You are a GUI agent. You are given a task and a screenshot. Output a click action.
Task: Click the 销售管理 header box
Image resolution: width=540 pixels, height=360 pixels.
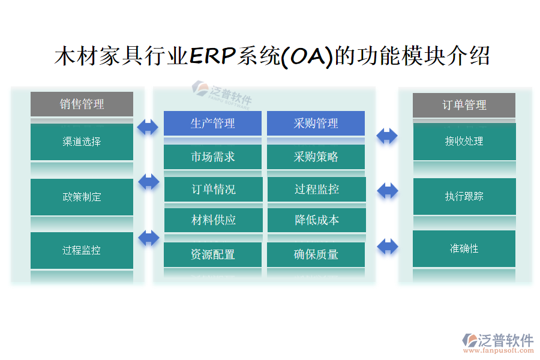click(x=82, y=104)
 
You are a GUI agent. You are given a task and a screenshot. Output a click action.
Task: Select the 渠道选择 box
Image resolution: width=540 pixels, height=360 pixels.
click(x=82, y=142)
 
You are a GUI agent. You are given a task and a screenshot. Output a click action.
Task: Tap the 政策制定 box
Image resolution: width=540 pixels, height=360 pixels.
click(x=82, y=197)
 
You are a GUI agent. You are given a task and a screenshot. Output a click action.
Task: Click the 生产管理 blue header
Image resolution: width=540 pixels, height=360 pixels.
click(x=212, y=123)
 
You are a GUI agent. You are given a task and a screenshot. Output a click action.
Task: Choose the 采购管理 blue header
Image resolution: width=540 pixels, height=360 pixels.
click(x=316, y=123)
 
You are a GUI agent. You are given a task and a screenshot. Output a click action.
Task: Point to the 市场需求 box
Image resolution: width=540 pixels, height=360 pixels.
click(x=212, y=157)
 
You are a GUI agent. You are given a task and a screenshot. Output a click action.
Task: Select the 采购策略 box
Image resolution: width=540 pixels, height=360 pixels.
click(x=316, y=157)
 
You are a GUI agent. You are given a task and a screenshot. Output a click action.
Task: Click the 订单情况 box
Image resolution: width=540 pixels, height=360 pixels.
click(x=214, y=189)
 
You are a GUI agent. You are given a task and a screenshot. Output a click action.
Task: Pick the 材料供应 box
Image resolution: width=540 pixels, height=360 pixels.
click(x=214, y=220)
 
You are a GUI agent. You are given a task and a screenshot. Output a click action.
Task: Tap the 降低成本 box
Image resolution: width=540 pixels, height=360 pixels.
click(x=317, y=220)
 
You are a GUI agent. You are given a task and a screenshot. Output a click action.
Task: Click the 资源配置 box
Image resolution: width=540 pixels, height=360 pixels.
click(x=212, y=254)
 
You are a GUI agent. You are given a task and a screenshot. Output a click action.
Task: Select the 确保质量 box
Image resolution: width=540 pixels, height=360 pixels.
click(x=316, y=254)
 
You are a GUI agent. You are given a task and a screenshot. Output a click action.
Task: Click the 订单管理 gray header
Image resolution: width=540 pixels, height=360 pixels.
click(x=464, y=105)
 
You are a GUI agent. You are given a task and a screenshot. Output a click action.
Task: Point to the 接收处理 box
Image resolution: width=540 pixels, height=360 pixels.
click(x=464, y=141)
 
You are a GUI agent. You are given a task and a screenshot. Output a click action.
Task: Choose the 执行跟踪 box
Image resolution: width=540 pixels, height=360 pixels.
click(x=464, y=196)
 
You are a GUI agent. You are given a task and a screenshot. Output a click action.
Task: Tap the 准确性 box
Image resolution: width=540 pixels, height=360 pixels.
click(x=464, y=248)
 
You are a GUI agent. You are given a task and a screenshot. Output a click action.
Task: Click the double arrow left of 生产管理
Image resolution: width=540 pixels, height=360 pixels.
click(x=148, y=127)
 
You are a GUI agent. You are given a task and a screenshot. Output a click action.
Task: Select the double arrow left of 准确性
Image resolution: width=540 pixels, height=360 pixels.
click(x=388, y=247)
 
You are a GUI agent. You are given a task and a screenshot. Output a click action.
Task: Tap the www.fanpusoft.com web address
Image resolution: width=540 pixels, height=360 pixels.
click(x=499, y=350)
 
